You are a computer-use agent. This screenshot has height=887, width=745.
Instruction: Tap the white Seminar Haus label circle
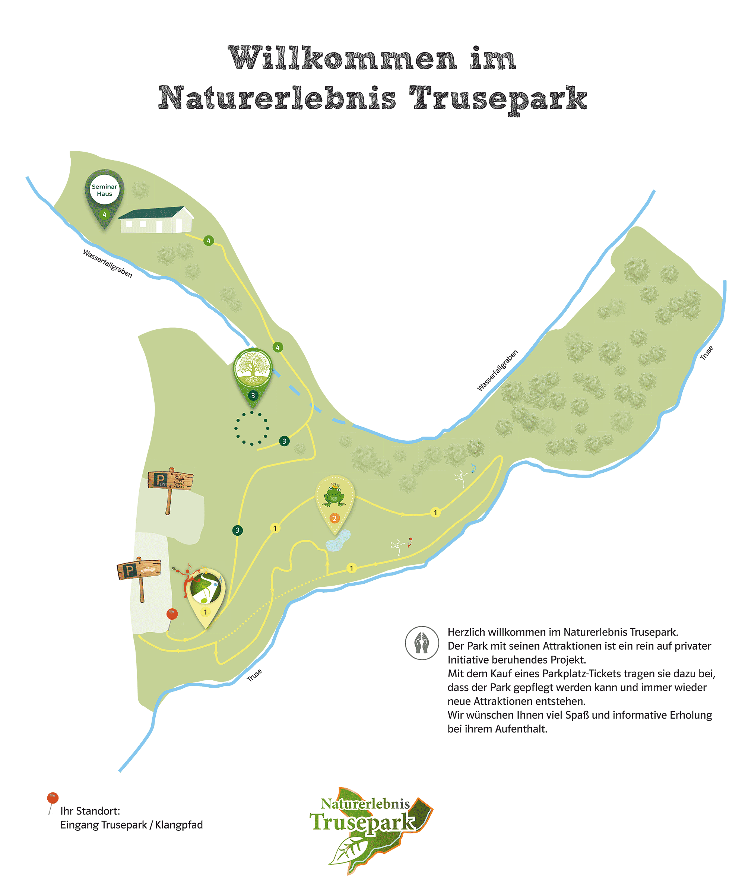coord(104,190)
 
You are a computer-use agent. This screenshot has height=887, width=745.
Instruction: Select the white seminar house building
coord(156,220)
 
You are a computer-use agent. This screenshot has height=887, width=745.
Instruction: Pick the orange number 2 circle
coord(335,518)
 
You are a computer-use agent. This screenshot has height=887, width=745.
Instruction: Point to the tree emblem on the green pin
coord(253,367)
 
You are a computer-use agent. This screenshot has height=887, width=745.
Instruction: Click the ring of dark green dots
coord(252,428)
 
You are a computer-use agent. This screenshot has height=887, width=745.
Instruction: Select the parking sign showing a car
coord(139,570)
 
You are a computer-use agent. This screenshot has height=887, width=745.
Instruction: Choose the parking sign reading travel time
coord(171,481)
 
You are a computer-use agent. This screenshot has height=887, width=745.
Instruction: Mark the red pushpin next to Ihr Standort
coord(53,798)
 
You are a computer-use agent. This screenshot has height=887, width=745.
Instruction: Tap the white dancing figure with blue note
coord(462,479)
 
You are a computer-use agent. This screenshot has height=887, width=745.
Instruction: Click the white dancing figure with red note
coord(398,547)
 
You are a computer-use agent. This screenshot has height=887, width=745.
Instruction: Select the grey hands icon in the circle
coord(422,643)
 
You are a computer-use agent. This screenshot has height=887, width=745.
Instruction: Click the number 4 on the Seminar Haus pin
coord(104,215)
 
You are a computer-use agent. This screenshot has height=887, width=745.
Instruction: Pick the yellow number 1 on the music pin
coord(205,612)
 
